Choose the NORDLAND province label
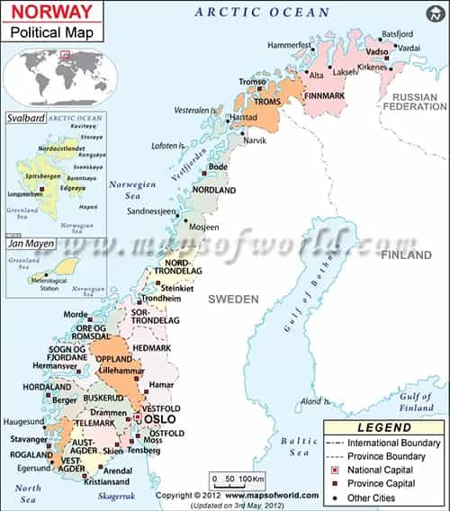click(x=213, y=191)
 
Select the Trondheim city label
click(x=161, y=298)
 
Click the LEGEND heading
click(x=383, y=427)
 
